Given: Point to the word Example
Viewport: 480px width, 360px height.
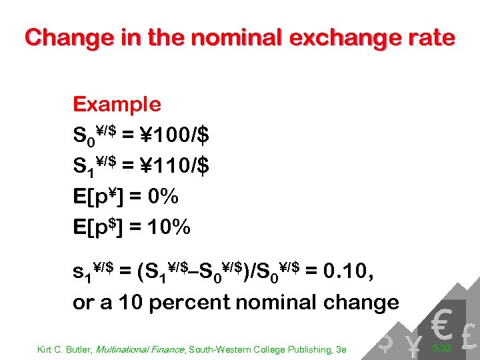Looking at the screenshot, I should (117, 105).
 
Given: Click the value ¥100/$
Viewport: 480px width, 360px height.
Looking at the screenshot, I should (175, 135).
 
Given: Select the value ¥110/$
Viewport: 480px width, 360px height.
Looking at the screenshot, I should (175, 166).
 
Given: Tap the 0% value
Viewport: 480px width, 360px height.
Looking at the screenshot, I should (163, 197).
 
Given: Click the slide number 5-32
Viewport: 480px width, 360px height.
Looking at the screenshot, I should (442, 347).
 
